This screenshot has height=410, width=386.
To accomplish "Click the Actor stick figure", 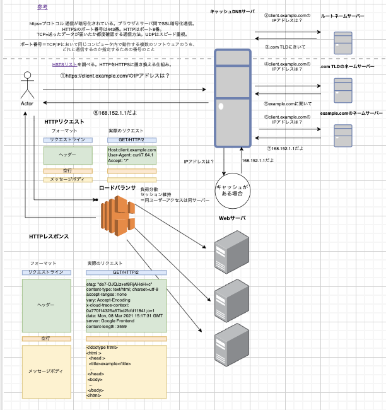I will click(x=26, y=87).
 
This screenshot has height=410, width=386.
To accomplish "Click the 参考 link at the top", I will click(x=42, y=7).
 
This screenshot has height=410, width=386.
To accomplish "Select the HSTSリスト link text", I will click(x=66, y=64).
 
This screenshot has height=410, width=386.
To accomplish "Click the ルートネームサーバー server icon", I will click(x=343, y=42).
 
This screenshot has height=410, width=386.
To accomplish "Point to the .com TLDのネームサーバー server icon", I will click(x=343, y=90).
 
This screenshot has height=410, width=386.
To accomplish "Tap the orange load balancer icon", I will click(x=118, y=216).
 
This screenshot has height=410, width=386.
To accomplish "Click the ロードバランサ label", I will click(x=118, y=188).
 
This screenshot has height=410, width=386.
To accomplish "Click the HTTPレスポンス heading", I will click(x=49, y=237).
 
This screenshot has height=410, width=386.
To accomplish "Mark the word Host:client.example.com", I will click(x=132, y=149).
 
